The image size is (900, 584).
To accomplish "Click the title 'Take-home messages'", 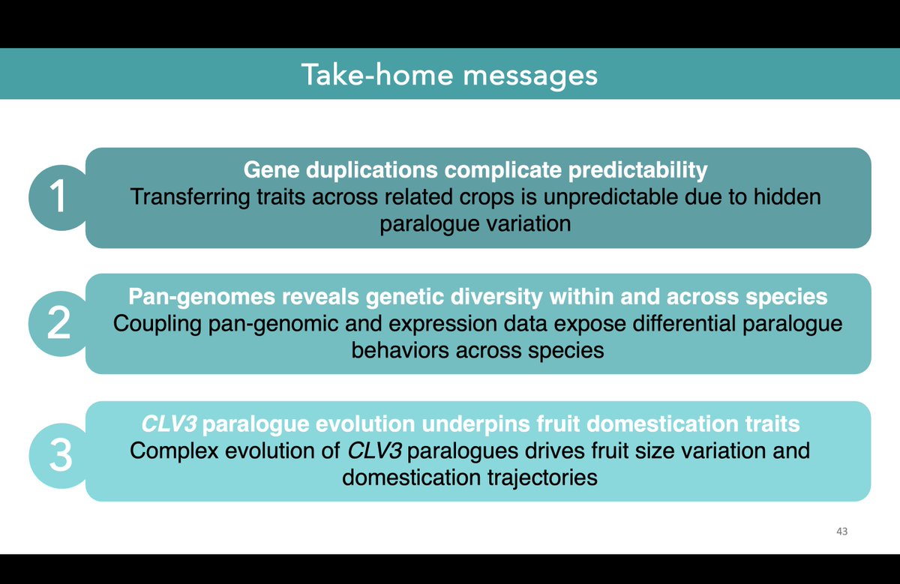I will [449, 75].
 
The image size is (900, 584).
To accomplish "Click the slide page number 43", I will [841, 531].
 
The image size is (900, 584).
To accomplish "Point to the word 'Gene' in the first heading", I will [268, 171].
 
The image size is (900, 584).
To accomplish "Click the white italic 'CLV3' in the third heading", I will [169, 424].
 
